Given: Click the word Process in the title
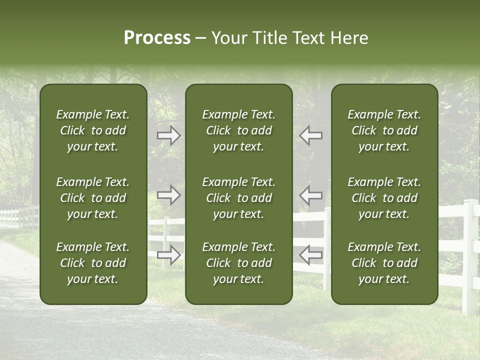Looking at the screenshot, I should (157, 38).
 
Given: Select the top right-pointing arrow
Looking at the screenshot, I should (169, 135).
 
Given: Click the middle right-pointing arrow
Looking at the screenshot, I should (169, 195).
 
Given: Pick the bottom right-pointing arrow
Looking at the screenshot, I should (169, 255).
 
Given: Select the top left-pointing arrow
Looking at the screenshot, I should (310, 135).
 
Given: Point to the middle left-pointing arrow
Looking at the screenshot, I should (310, 195).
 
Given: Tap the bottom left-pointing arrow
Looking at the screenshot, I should (310, 255).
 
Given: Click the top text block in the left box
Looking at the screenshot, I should (93, 130).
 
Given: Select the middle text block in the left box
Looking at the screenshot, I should (93, 198).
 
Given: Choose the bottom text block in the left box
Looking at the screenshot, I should (93, 263).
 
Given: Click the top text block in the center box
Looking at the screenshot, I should (238, 130).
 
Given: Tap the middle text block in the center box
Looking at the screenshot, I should (238, 198).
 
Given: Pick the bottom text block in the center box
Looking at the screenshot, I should (238, 263).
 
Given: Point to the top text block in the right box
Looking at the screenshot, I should (384, 130).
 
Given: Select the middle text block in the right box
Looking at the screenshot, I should (384, 198).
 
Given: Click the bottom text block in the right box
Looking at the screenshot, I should (384, 263).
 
